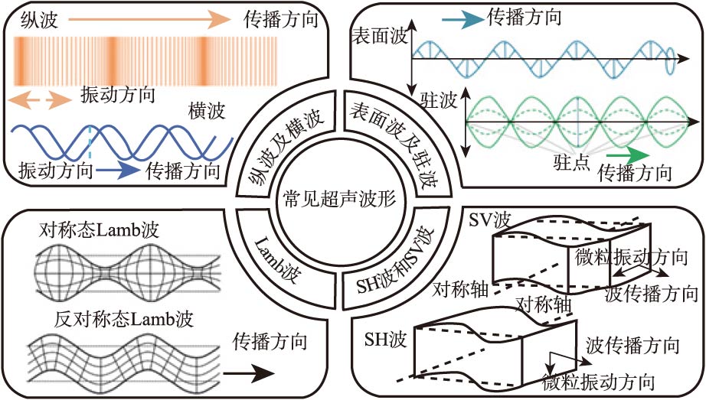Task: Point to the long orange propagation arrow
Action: [160, 21]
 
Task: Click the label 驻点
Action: [571, 162]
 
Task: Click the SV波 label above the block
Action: [489, 220]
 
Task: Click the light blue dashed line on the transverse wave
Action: [89, 146]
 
